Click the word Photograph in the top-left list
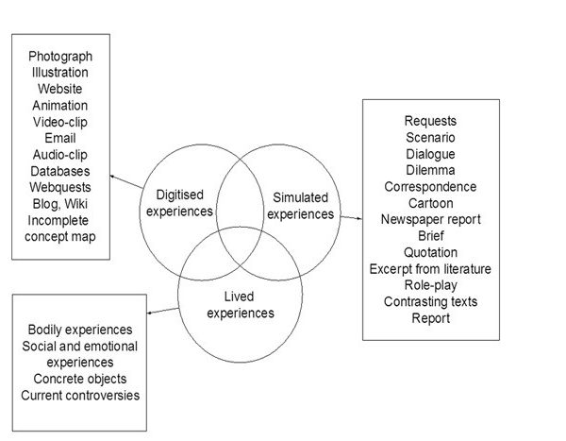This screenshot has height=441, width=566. [x=60, y=55]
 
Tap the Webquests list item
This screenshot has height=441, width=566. [x=60, y=188]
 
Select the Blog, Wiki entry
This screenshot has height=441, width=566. [x=60, y=204]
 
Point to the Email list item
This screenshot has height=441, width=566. [x=60, y=138]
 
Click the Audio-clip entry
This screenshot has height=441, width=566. [x=60, y=155]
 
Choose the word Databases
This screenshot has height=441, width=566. [x=60, y=171]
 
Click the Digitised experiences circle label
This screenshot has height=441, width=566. [x=178, y=202]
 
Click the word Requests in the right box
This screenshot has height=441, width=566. [x=430, y=120]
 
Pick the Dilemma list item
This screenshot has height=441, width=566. [x=430, y=170]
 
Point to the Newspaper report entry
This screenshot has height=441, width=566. [x=430, y=219]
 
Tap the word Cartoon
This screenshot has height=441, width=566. [x=430, y=202]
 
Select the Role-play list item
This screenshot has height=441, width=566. [x=430, y=285]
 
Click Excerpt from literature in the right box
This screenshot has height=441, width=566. [x=430, y=269]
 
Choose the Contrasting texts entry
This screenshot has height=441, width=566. [x=430, y=302]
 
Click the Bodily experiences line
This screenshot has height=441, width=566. [x=79, y=330]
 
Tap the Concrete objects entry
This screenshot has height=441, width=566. [x=79, y=379]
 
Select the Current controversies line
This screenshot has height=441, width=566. [x=79, y=395]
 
